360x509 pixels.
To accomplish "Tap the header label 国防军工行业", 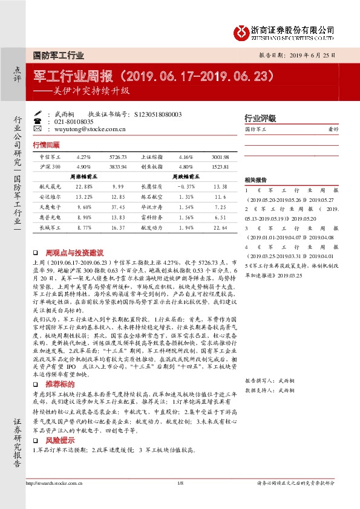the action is pyautogui.click(x=59, y=54).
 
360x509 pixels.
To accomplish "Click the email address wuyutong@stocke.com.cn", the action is pyautogui.click(x=90, y=129).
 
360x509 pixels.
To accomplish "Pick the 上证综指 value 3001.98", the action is pyautogui.click(x=220, y=156).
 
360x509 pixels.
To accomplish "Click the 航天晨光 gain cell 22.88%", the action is pyautogui.click(x=84, y=187).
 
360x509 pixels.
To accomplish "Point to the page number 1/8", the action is pyautogui.click(x=180, y=482).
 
